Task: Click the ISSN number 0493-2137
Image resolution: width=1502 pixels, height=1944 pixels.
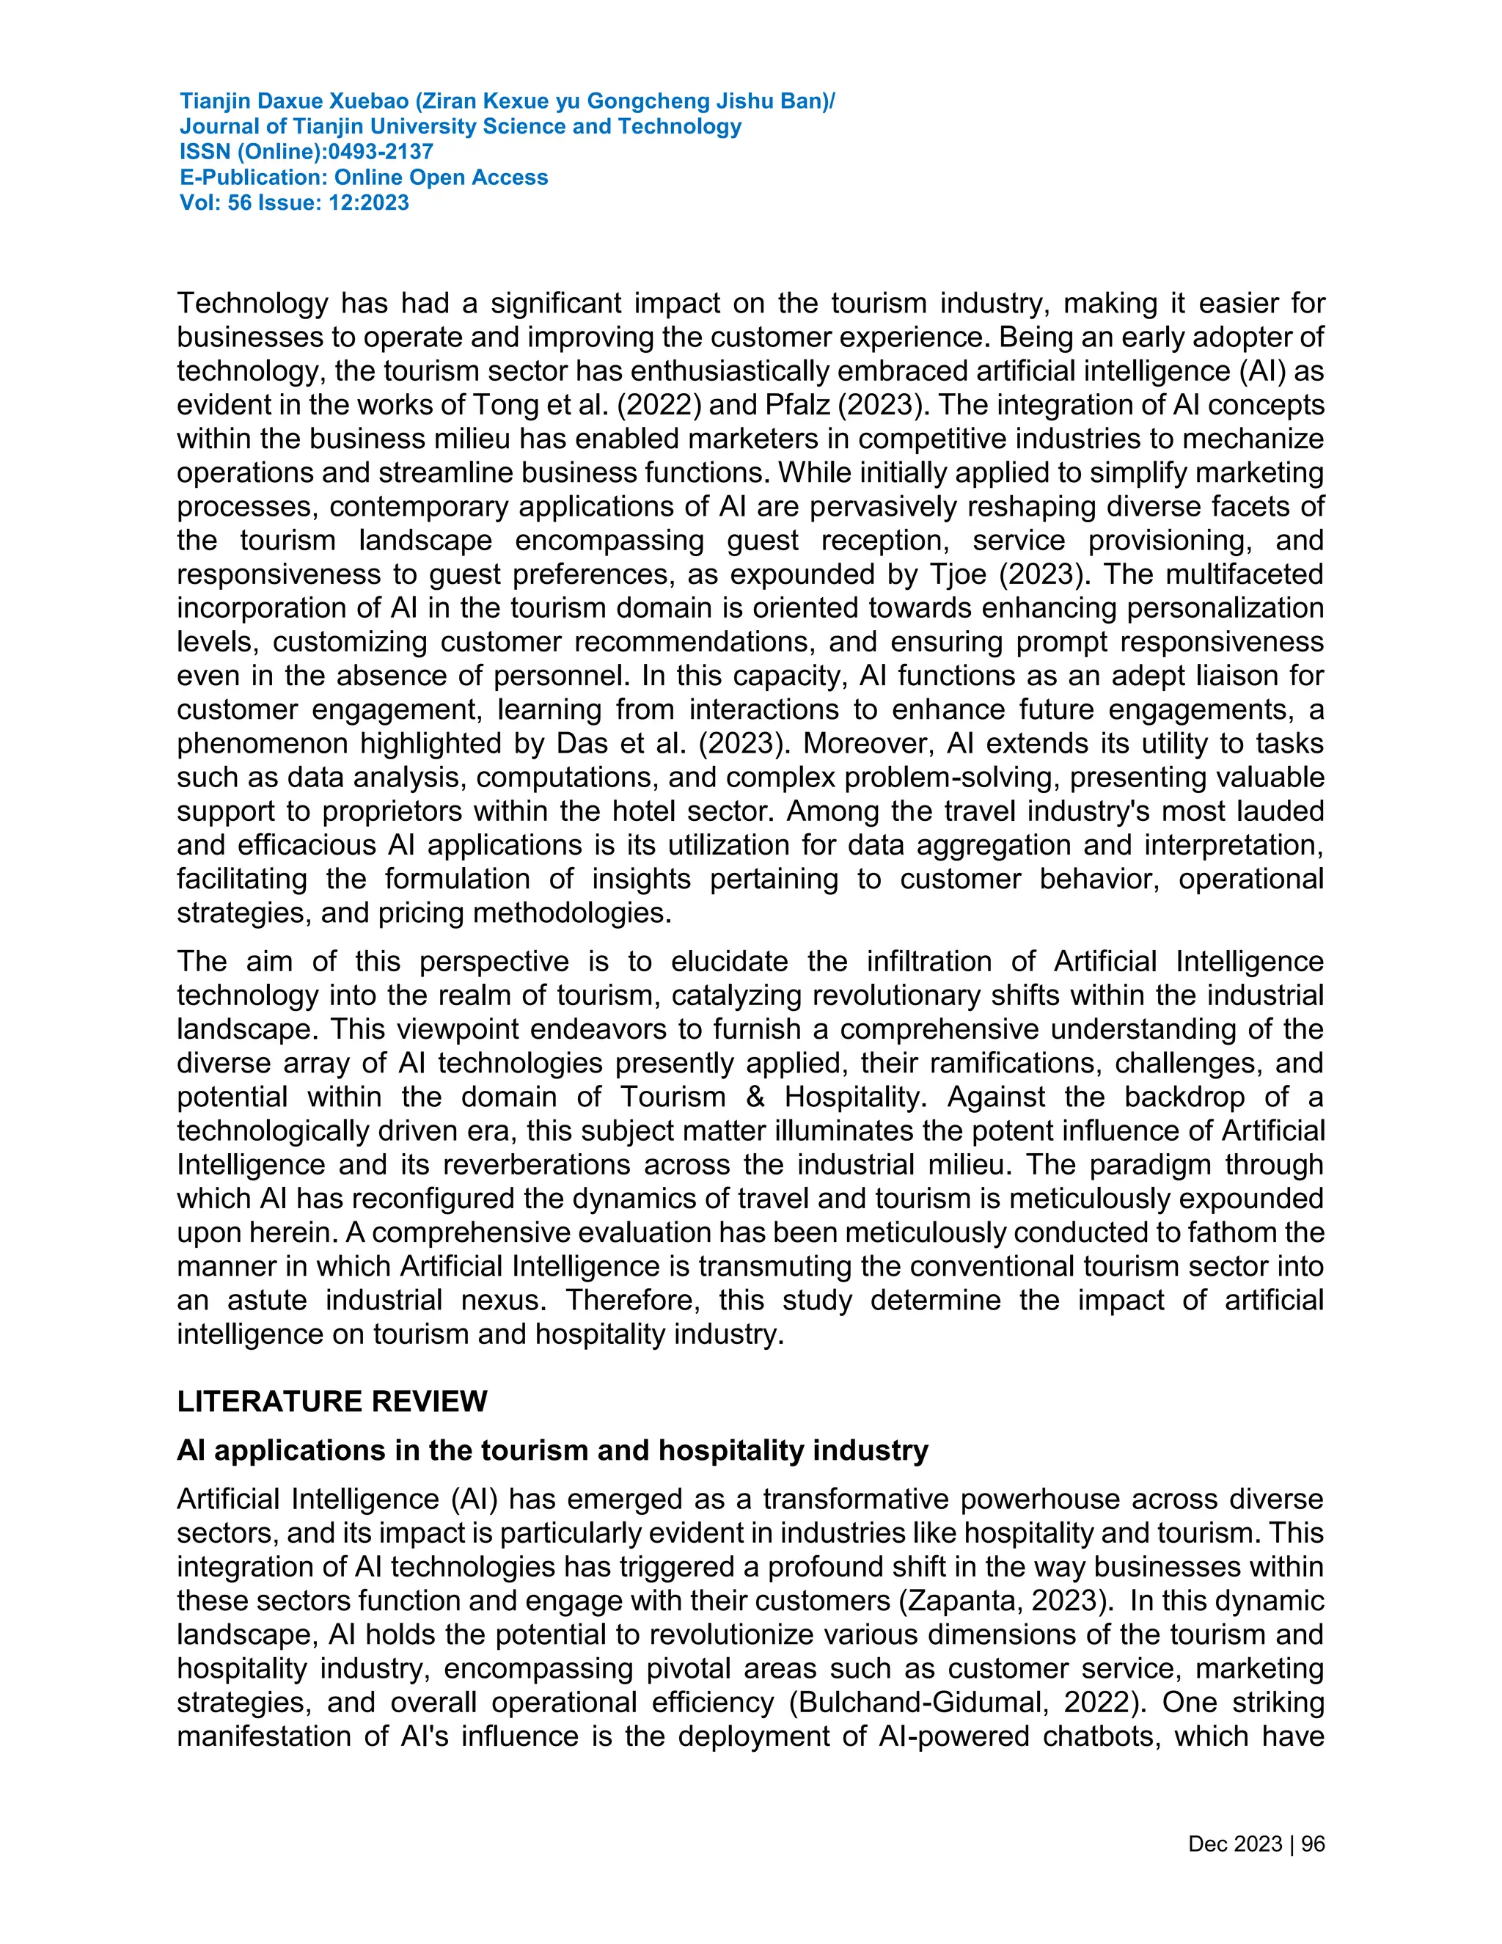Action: (381, 152)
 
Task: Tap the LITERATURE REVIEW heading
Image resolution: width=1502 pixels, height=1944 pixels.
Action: (332, 1401)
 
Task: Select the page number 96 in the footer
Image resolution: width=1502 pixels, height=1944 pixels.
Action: (1313, 1844)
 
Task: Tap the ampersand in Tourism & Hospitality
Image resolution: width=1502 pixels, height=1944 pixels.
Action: (755, 1097)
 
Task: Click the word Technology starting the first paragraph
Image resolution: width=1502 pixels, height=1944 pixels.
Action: (253, 304)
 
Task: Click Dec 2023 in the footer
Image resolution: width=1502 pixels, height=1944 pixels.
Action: (1234, 1844)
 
